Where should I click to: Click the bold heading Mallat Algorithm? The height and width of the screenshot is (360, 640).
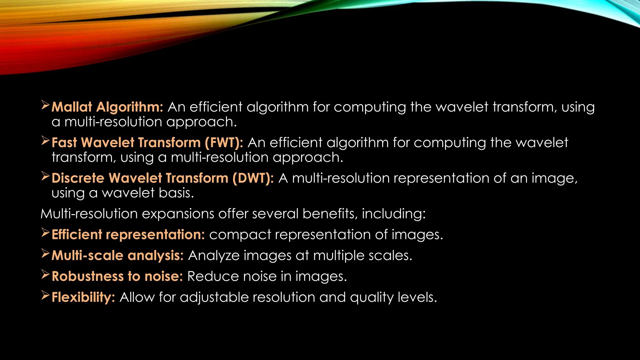click(x=107, y=107)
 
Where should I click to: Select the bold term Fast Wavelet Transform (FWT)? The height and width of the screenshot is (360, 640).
click(x=147, y=143)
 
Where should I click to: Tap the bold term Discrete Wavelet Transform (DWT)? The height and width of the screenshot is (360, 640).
click(x=162, y=178)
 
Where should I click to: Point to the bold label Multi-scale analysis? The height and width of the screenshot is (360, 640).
click(x=117, y=256)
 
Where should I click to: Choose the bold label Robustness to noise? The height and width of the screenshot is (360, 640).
click(x=117, y=277)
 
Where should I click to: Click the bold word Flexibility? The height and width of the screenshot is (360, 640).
click(x=83, y=297)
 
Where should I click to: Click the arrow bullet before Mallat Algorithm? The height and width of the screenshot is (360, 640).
click(x=45, y=106)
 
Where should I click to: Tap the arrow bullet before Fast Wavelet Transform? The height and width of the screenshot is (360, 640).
click(x=45, y=141)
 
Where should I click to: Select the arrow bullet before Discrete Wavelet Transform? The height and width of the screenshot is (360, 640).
click(x=45, y=177)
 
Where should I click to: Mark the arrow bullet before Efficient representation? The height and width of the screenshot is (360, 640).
click(x=45, y=233)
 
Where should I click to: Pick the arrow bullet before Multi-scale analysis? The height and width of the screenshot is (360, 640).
click(x=45, y=254)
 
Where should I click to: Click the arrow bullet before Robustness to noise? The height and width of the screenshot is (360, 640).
click(x=45, y=275)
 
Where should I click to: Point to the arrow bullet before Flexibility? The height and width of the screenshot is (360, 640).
click(x=45, y=296)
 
